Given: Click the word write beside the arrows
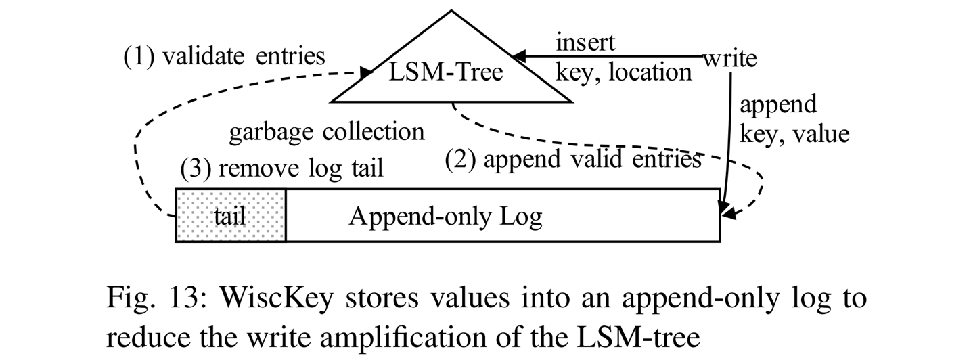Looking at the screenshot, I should point(729,59).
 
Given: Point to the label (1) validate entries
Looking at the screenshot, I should point(223,56).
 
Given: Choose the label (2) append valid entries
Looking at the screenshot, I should point(572,160).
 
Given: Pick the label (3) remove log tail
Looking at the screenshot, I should point(281,168).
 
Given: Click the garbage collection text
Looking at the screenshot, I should point(327,131).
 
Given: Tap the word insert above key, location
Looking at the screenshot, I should point(585,43).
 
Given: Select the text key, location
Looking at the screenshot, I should point(623,72).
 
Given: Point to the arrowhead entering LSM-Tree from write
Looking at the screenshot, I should point(518,56).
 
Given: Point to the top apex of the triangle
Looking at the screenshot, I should point(451,11).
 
